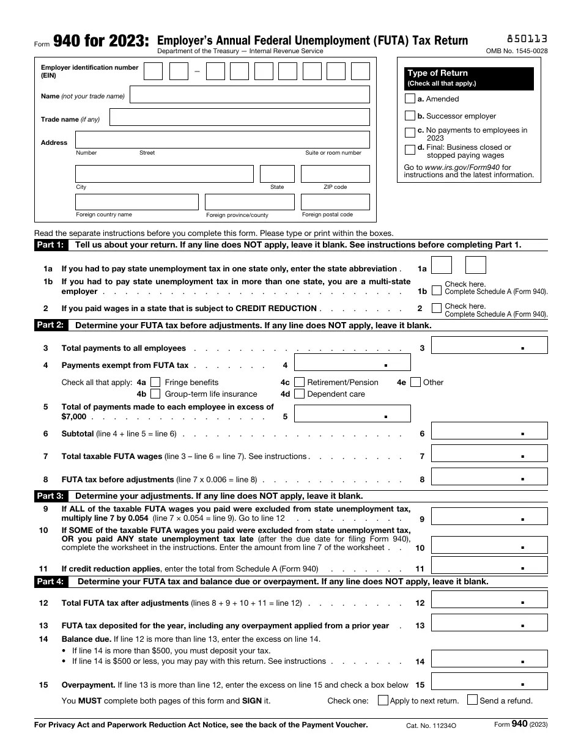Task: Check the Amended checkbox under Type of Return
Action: [x=410, y=98]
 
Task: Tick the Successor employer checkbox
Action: [x=410, y=116]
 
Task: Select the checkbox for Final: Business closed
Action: [x=410, y=150]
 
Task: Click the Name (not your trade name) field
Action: [x=250, y=95]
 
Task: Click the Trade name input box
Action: [x=239, y=117]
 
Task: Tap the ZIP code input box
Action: [x=335, y=174]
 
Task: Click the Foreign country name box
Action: [x=137, y=202]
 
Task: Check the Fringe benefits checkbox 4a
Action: [x=155, y=383]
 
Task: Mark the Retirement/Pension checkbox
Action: [x=299, y=383]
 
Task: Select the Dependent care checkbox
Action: [x=299, y=394]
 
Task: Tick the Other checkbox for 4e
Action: [x=416, y=383]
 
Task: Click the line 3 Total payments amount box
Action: [x=489, y=345]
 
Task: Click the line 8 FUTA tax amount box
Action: [x=489, y=477]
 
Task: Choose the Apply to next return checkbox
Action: [x=383, y=700]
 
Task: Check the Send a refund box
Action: [x=472, y=700]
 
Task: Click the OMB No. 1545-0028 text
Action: [x=517, y=51]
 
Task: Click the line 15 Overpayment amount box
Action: [x=489, y=682]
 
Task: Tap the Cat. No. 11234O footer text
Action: [x=431, y=725]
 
